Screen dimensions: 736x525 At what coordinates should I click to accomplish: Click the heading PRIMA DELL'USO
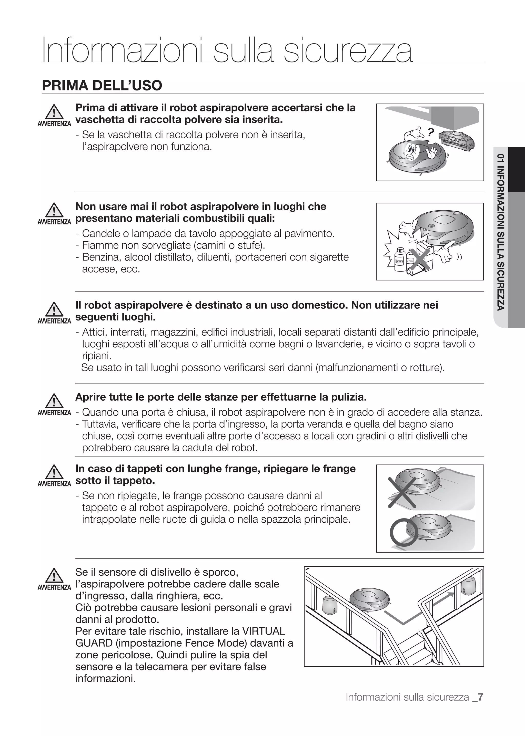pos(102,86)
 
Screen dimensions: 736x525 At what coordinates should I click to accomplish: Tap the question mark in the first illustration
pos(430,132)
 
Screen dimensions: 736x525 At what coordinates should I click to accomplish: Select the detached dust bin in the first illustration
pos(457,140)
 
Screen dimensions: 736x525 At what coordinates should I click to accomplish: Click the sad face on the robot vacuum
pos(411,152)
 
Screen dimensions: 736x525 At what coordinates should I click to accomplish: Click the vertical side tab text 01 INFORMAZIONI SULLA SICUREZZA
pos(500,233)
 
